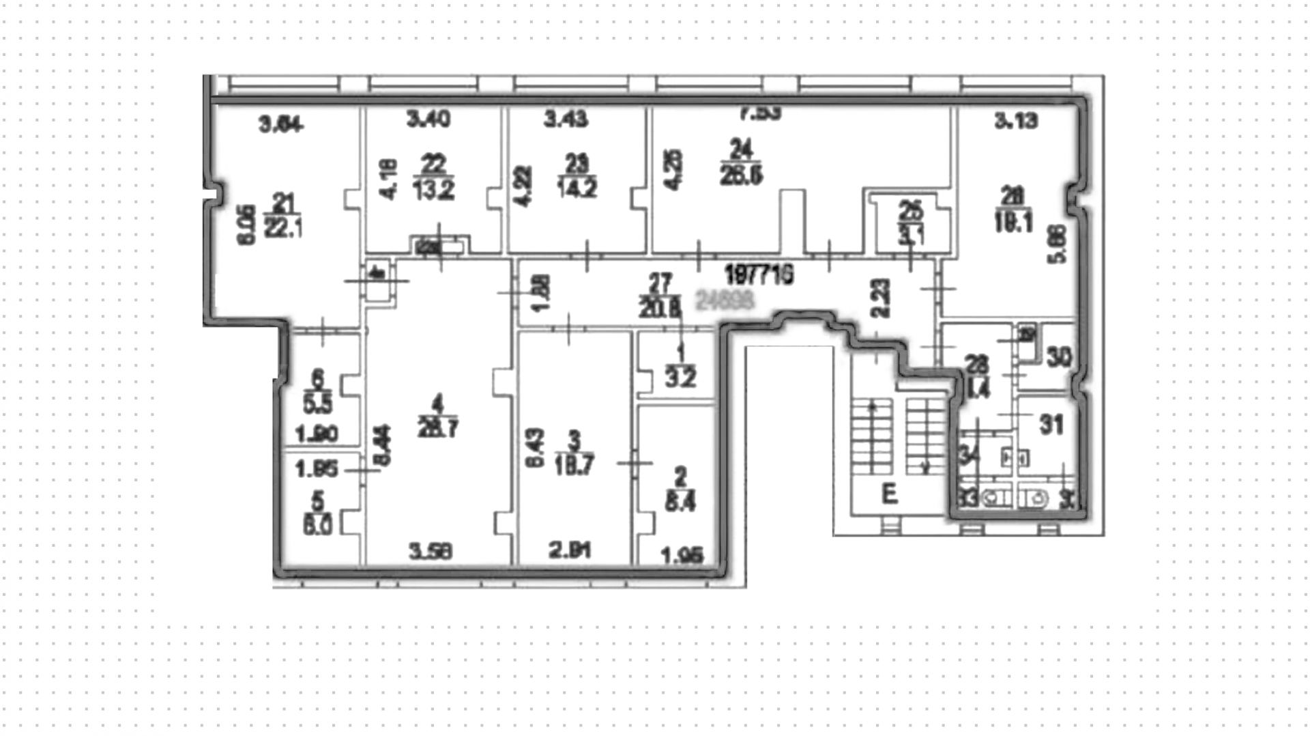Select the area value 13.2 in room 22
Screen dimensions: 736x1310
(x=433, y=189)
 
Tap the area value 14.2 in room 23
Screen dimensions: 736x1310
(x=577, y=188)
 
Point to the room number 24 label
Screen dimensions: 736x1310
(x=741, y=148)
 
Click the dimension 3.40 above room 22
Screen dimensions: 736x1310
(x=428, y=120)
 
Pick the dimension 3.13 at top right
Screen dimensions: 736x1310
(x=1016, y=121)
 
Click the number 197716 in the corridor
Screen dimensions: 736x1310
(x=759, y=276)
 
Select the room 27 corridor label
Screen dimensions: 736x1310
(x=660, y=282)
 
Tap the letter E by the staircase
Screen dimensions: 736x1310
(x=889, y=493)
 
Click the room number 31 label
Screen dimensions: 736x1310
(x=1051, y=425)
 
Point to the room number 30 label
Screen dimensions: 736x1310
(x=1059, y=357)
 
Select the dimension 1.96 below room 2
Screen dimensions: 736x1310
(x=682, y=556)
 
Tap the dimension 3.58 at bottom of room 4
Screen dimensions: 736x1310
(x=430, y=552)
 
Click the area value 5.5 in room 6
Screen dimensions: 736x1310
(x=317, y=406)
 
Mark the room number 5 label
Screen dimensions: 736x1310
(x=317, y=501)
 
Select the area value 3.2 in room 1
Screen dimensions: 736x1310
(x=680, y=378)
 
